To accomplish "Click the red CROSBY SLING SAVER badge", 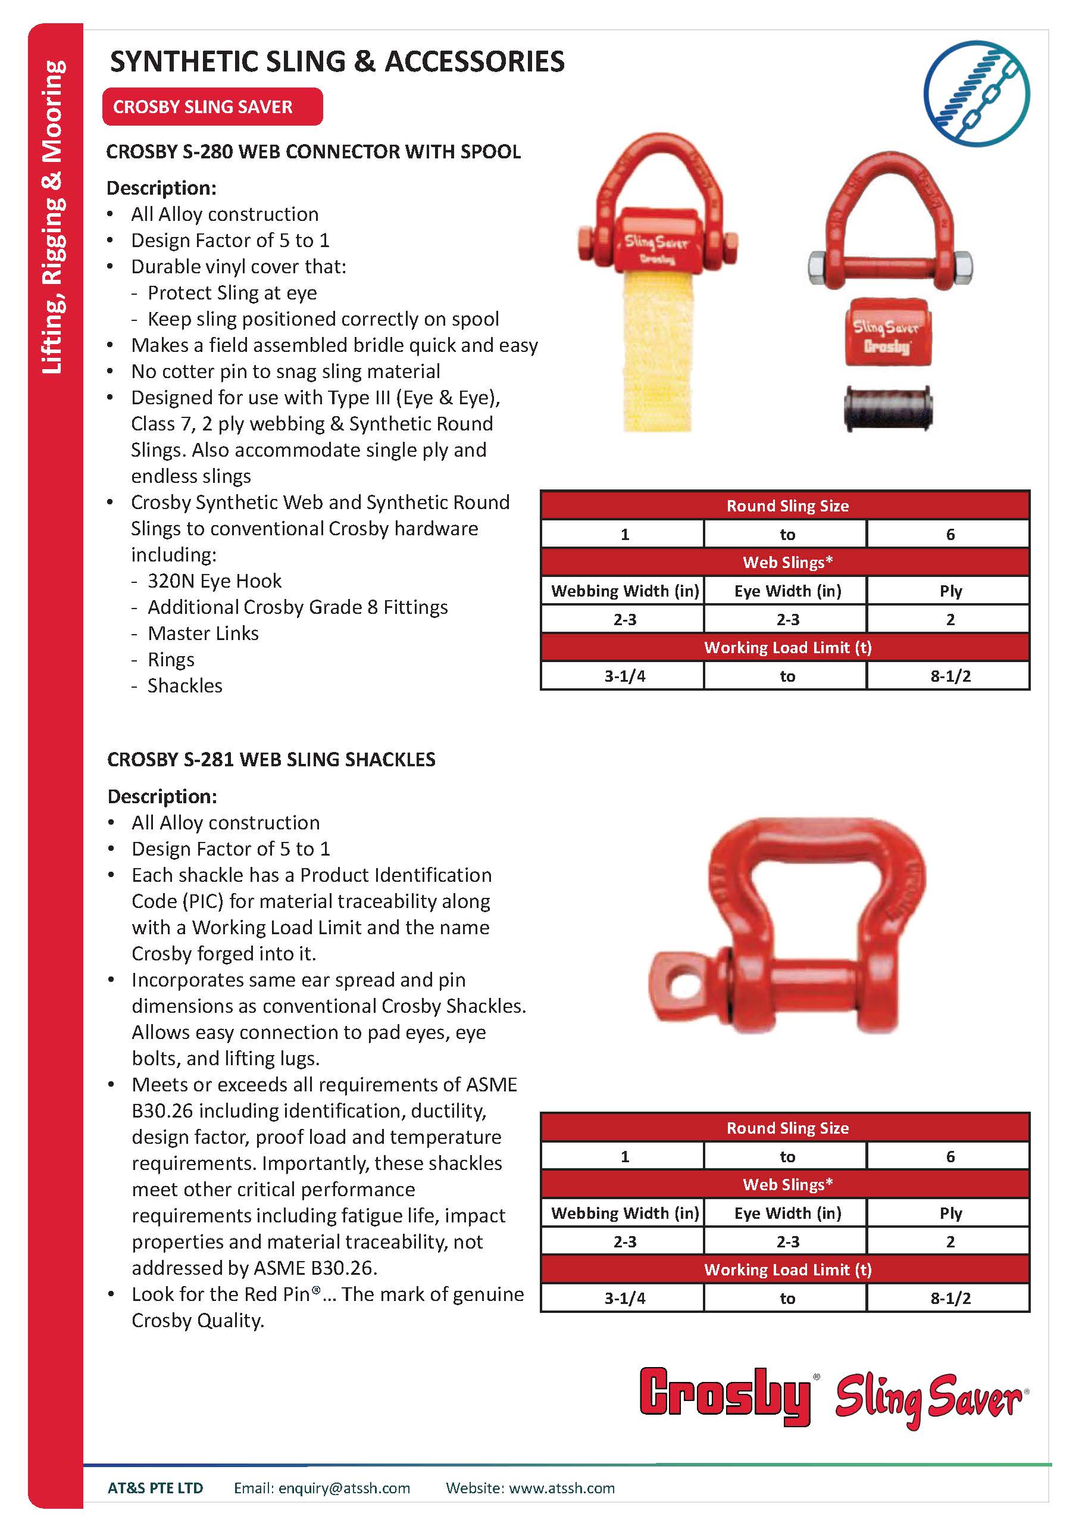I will point(212,107).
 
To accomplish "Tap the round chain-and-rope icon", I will point(976,93).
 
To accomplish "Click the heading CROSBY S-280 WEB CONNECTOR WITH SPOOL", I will point(314,152).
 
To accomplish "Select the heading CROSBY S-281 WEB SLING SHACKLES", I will point(271,759).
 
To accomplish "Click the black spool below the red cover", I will point(888,408).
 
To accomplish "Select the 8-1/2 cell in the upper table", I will point(950,676).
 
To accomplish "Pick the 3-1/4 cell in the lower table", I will point(624,1298).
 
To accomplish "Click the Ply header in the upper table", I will point(950,591).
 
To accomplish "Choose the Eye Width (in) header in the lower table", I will point(787,1213).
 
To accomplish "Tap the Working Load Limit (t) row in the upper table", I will point(787,647).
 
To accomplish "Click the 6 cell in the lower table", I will point(950,1156).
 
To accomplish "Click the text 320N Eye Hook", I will point(214,581).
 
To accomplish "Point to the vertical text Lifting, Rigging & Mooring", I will point(54,217).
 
